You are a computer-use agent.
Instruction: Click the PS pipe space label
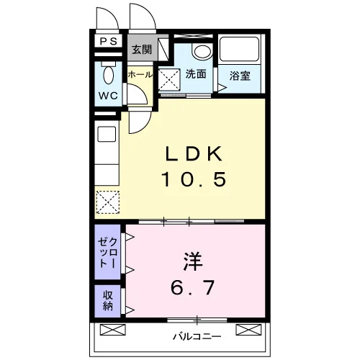click(x=109, y=41)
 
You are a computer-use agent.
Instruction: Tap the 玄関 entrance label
click(x=142, y=50)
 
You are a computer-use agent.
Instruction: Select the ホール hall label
click(x=140, y=75)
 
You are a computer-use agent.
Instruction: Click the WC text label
click(x=108, y=96)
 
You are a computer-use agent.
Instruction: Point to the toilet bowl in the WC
click(x=108, y=75)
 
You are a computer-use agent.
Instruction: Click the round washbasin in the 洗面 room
click(x=202, y=51)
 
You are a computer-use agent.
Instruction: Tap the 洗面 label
click(x=196, y=74)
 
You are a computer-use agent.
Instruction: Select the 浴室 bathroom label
click(x=240, y=76)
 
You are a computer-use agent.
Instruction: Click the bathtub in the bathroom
click(x=239, y=49)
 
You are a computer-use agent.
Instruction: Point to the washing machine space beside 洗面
click(x=169, y=80)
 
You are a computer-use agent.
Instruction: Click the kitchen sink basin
click(x=107, y=134)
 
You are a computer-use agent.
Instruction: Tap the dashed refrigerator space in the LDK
click(x=108, y=202)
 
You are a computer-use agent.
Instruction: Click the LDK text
click(x=194, y=154)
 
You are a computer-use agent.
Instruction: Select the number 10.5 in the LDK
click(x=194, y=179)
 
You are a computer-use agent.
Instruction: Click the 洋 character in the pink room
click(x=193, y=261)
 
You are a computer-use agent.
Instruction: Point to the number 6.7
click(x=192, y=287)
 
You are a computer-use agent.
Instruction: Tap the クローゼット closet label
click(x=108, y=253)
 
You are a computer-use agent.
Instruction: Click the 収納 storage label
click(x=108, y=300)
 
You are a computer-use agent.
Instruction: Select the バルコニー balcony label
click(x=197, y=336)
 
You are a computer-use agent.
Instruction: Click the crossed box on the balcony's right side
click(x=248, y=330)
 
